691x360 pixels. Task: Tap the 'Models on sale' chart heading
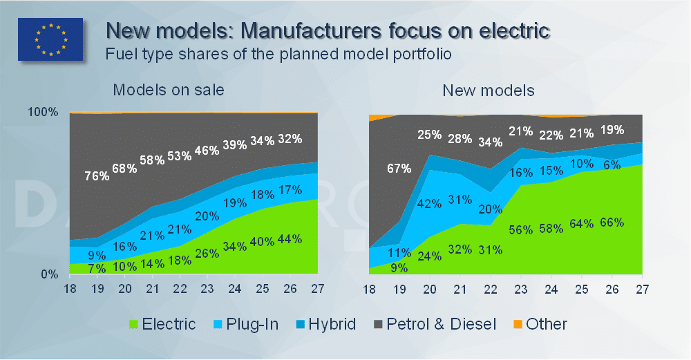pos(169,91)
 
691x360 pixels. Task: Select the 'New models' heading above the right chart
pos(489,91)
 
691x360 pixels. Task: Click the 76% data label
pos(97,176)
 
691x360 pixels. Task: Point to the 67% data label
pos(399,168)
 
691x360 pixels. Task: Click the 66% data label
pos(611,222)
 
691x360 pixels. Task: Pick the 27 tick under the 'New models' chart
pos(641,288)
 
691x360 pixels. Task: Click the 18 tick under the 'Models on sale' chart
pos(70,288)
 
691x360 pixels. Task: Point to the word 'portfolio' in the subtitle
pos(418,54)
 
